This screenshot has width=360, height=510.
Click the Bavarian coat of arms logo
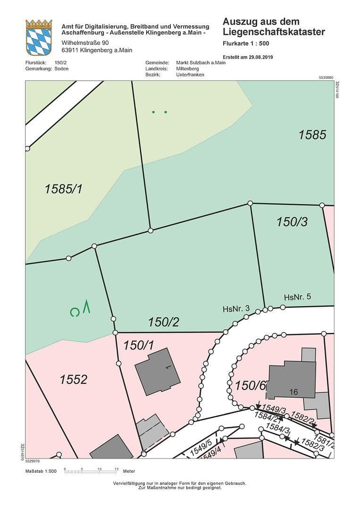tap(39, 38)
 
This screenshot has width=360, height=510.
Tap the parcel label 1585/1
tap(63, 189)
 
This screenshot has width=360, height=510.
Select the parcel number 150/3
tap(292, 221)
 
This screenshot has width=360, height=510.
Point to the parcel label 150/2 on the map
tap(163, 323)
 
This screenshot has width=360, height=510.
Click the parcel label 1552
tap(74, 379)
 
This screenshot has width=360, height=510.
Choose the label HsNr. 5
tap(298, 297)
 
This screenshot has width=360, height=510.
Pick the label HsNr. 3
tap(236, 309)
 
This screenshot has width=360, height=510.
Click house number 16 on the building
tap(293, 392)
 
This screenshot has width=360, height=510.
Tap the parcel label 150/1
tap(139, 345)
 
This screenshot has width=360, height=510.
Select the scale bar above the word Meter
tap(91, 471)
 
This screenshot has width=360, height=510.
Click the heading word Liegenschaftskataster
tap(274, 32)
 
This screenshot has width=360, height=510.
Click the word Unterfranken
tap(190, 75)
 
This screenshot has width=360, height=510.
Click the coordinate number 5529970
tap(33, 461)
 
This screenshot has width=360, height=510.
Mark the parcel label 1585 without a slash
tap(312, 135)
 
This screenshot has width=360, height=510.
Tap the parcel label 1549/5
tap(201, 447)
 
